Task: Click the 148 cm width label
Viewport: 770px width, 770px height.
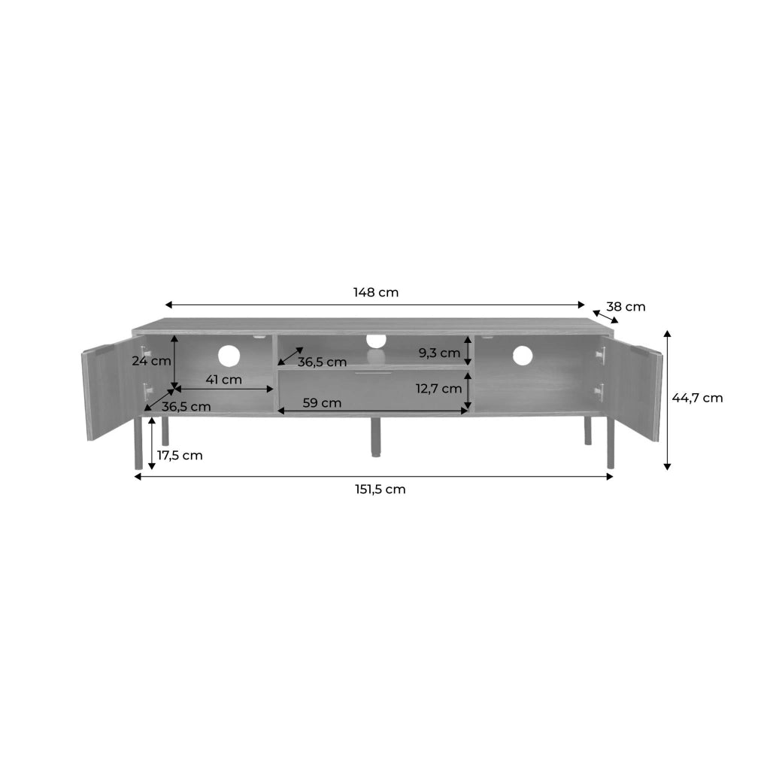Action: (376, 293)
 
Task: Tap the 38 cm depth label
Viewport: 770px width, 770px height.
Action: (626, 307)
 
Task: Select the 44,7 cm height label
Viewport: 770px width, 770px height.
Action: (697, 398)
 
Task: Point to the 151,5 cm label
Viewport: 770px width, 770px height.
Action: (380, 490)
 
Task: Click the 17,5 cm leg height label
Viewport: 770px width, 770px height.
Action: (180, 456)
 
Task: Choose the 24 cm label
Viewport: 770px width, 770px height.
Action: (151, 361)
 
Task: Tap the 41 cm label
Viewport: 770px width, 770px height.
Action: (223, 380)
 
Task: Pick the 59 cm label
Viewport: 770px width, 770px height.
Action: (322, 403)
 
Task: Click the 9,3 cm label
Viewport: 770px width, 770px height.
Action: (439, 353)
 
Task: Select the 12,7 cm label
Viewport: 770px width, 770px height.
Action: (438, 389)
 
